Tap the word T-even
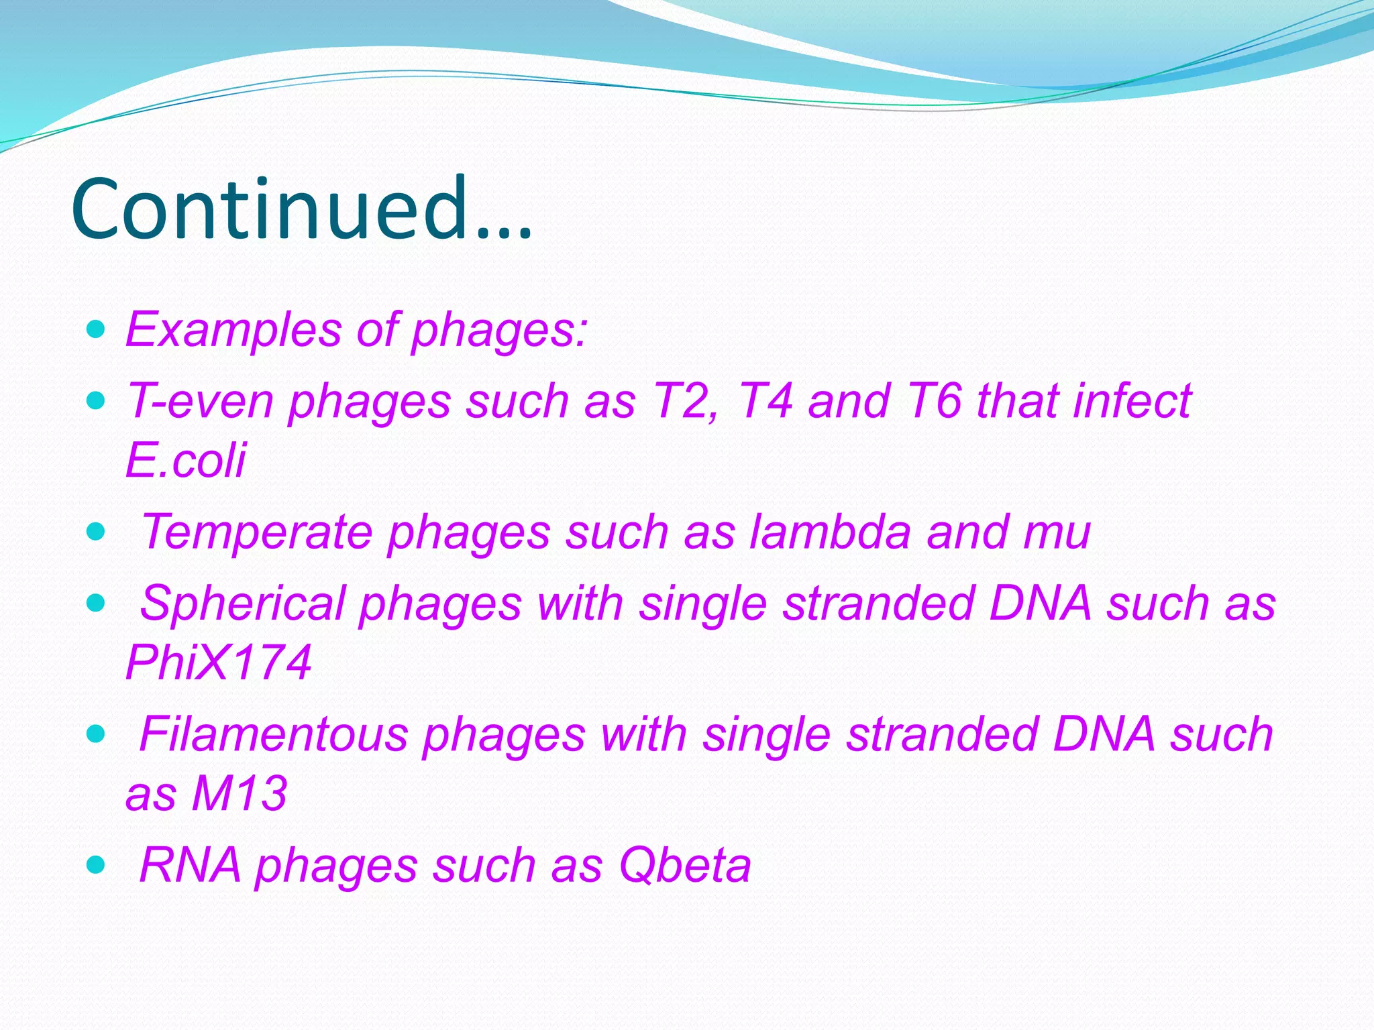[x=200, y=401]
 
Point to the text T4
[x=765, y=401]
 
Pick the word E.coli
[x=186, y=460]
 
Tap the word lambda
[x=830, y=532]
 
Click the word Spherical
[x=243, y=603]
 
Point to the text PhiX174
[x=219, y=662]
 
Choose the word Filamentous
[x=273, y=734]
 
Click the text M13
[x=240, y=793]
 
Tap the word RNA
[x=190, y=864]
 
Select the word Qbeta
[x=685, y=864]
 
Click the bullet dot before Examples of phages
[x=97, y=329]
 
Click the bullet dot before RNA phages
[x=97, y=864]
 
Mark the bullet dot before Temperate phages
[x=97, y=532]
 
